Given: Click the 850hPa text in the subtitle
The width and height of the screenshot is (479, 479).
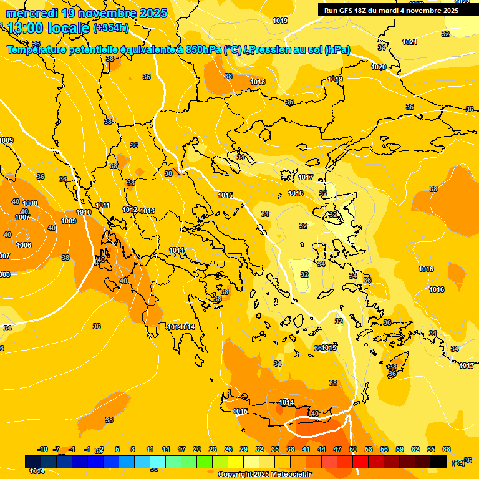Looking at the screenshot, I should point(203,49).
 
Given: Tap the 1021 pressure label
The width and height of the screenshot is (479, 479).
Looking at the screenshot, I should point(410,42).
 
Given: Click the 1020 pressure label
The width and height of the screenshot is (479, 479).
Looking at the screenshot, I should point(379,67).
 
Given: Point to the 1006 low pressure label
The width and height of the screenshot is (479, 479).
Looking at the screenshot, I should point(24,245).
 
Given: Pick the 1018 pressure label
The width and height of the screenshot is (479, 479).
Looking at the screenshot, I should point(258,82).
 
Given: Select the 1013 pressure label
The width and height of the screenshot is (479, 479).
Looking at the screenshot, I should point(147,211).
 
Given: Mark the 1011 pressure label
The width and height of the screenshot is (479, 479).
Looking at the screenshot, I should point(103,205).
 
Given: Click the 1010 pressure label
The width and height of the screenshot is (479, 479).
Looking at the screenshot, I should point(84,212).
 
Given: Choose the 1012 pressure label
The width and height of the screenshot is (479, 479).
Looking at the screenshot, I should point(130,210).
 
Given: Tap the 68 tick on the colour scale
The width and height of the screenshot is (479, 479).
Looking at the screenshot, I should point(447,449).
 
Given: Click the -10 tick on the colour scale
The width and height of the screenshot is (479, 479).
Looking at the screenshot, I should point(43,449).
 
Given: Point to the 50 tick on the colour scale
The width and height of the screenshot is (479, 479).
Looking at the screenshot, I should point(353,449).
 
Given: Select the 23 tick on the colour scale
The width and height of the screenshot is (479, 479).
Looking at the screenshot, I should point(213,449).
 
